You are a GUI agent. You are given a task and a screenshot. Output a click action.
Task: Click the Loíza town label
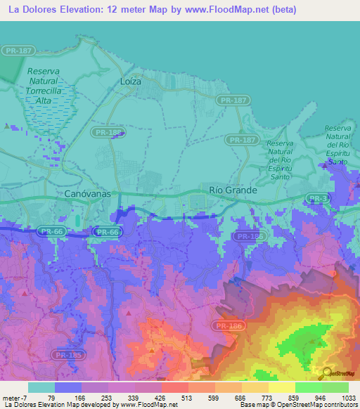[129, 82]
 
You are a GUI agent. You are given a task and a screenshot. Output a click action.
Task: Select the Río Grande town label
[233, 190]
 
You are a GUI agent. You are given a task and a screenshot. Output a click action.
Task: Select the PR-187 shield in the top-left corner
[17, 50]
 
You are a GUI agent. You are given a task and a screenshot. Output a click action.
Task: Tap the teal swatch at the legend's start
[41, 387]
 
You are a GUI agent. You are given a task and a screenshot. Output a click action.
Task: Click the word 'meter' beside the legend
[11, 397]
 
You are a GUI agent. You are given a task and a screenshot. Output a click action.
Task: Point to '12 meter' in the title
[126, 10]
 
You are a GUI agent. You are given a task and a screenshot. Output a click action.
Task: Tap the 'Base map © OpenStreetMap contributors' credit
[298, 405]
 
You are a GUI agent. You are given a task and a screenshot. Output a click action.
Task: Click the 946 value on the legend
[321, 397]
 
